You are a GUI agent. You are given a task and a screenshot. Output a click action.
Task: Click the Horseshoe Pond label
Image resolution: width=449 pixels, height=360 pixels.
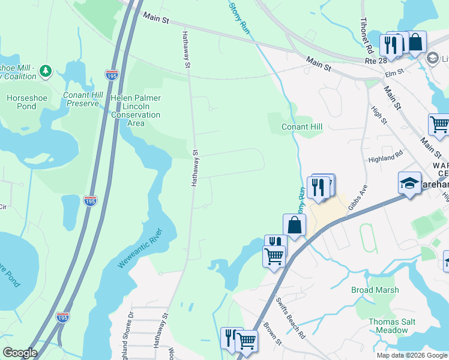tap(22, 102)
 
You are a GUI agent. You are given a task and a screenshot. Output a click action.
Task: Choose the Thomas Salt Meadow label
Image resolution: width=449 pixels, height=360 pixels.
tap(392, 326)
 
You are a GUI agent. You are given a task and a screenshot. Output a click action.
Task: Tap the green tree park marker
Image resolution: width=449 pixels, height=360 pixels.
tap(46, 72)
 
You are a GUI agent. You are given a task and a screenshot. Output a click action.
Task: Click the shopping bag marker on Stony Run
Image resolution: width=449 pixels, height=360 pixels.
tap(294, 226)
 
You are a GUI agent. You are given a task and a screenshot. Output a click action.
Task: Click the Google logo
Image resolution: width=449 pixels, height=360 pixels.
tap(20, 353)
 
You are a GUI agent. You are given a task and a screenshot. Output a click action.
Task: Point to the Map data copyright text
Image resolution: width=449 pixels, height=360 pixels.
tap(411, 355)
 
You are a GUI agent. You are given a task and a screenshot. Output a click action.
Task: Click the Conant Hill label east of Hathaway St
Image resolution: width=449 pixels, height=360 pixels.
tap(303, 127)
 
